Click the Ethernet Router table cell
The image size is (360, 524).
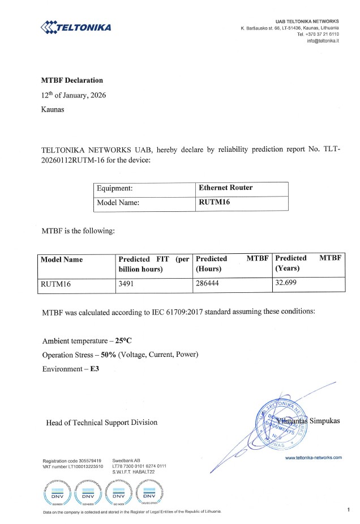point(226,188)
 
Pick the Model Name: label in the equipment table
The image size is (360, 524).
point(118,203)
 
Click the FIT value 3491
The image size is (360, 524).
point(125,284)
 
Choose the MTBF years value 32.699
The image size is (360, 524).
point(286,284)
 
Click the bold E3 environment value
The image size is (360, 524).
point(88,369)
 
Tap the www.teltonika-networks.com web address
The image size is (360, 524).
point(313,458)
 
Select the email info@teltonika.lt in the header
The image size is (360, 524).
point(323,41)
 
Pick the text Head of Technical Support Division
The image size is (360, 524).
point(102,422)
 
